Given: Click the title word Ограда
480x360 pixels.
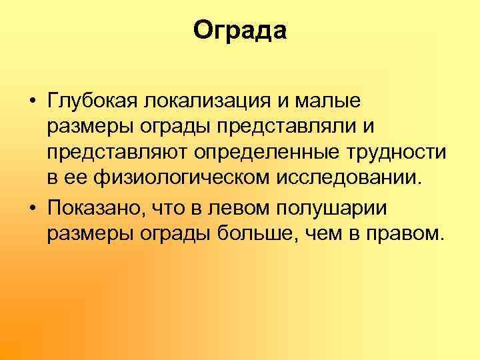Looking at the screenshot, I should [x=240, y=31].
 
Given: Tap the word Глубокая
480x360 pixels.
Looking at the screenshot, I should [x=89, y=104].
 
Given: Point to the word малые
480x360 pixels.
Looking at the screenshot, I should [x=328, y=104].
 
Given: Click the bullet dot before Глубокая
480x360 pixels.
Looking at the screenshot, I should [x=32, y=105].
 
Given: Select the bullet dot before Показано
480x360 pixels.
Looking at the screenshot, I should [x=32, y=209].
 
